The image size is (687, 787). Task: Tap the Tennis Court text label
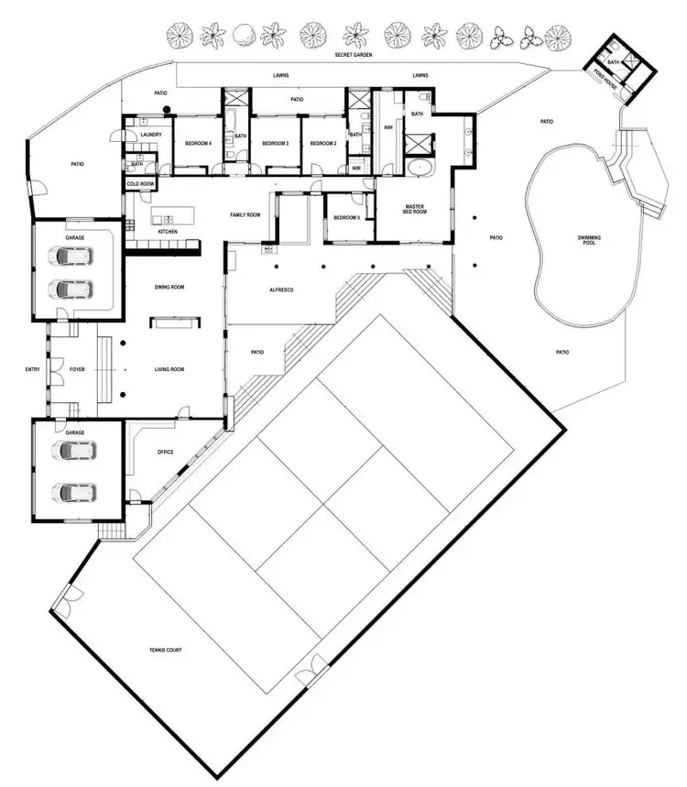(167, 650)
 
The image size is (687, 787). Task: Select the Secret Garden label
(352, 55)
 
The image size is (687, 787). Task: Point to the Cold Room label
(140, 184)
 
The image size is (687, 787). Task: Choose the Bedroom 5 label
(346, 217)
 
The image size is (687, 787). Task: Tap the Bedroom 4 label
(199, 144)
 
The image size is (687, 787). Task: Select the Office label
(166, 451)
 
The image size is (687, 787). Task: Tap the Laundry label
(151, 135)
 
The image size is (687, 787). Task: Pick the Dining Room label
(170, 288)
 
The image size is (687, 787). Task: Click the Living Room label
(170, 369)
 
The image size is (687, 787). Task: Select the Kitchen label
(168, 232)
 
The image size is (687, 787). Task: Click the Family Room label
(245, 214)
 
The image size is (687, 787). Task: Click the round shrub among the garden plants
(244, 35)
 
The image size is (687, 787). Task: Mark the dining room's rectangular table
(171, 321)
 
